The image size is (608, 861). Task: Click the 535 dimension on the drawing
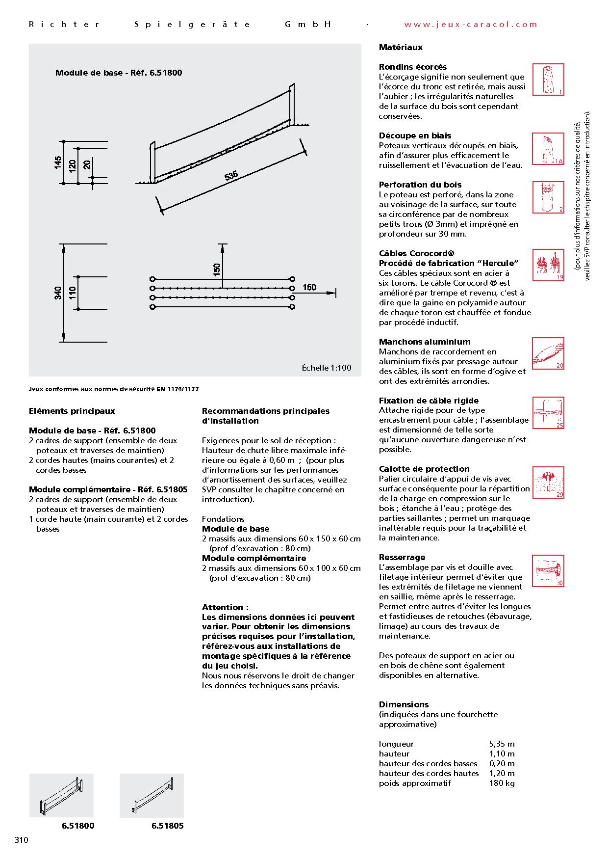coord(231,176)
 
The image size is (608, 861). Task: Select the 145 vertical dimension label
coord(58,162)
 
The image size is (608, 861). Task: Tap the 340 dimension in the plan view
coord(58,294)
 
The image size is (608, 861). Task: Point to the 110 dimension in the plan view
coord(73,294)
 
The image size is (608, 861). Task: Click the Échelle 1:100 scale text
coord(326,368)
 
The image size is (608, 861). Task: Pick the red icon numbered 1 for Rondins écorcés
coord(548,80)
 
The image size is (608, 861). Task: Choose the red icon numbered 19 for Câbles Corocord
coord(548,268)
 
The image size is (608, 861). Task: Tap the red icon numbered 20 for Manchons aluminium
coord(548,353)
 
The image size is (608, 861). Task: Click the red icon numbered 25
coord(548,413)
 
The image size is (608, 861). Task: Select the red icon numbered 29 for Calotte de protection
coord(548,482)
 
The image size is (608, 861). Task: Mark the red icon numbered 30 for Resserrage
coord(548,571)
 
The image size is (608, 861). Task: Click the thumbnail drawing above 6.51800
coord(61,796)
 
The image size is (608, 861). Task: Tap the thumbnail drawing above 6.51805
coord(152,796)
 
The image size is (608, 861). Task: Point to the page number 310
coord(22,840)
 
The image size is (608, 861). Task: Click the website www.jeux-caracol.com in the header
coord(471,25)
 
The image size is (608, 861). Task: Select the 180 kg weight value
coord(502,783)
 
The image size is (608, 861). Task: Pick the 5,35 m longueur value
coord(502,744)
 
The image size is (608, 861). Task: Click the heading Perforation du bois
coord(420,185)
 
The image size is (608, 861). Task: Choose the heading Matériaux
coord(401,48)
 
